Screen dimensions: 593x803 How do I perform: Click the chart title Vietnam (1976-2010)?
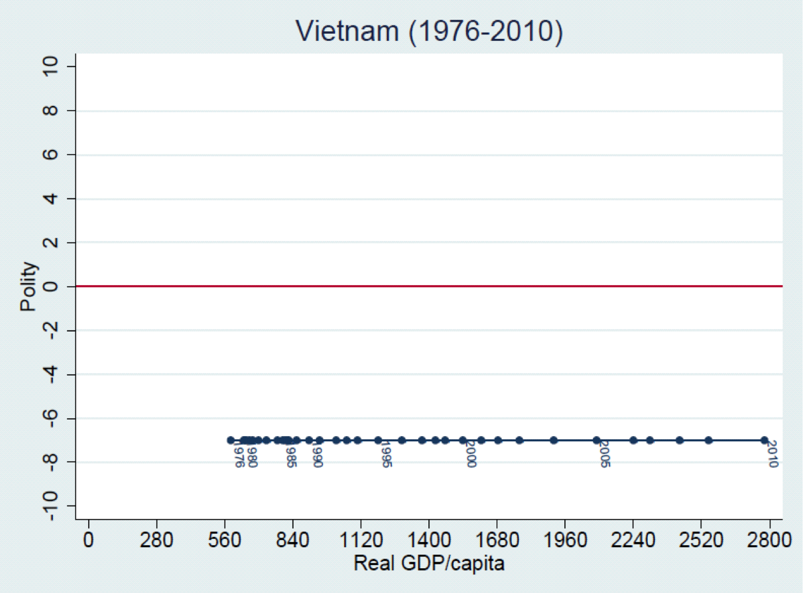tap(429, 32)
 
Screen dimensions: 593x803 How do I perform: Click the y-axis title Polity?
tap(29, 287)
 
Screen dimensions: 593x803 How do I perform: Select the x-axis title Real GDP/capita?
tap(429, 564)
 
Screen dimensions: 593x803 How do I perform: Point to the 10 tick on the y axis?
tap(52, 67)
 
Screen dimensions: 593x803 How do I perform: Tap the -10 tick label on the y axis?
tap(52, 506)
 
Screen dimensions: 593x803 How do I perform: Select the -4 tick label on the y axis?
tap(52, 374)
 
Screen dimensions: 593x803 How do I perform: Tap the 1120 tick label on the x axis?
tap(361, 541)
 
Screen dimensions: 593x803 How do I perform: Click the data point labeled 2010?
tap(764, 440)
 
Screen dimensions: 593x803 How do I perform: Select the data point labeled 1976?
tap(230, 440)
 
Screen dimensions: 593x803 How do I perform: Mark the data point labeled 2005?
tap(596, 440)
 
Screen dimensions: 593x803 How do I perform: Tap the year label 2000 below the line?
tap(471, 454)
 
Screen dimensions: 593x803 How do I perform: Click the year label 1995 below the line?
tap(386, 454)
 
